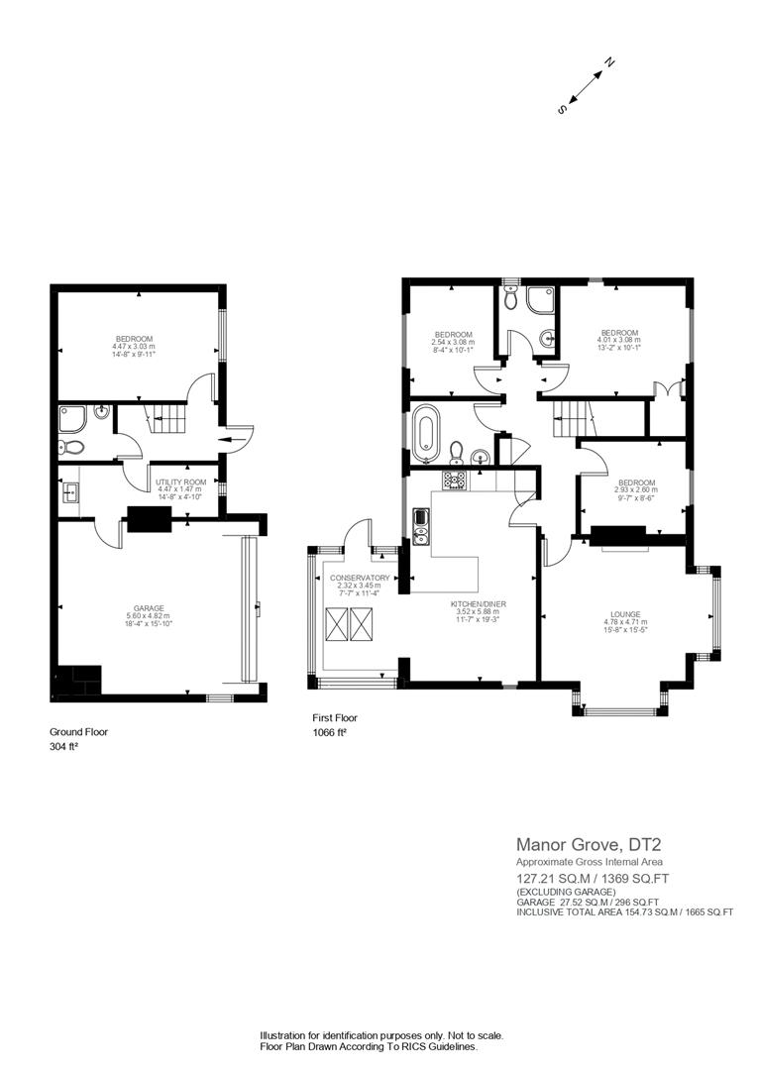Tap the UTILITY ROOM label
pos(180,481)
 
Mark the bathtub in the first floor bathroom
pos(427,433)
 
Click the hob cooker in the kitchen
pos(455,480)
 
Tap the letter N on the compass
pos(610,62)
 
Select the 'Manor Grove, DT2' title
pos(589,845)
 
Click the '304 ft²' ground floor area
pos(64,747)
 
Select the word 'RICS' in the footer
pos(399,1046)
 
